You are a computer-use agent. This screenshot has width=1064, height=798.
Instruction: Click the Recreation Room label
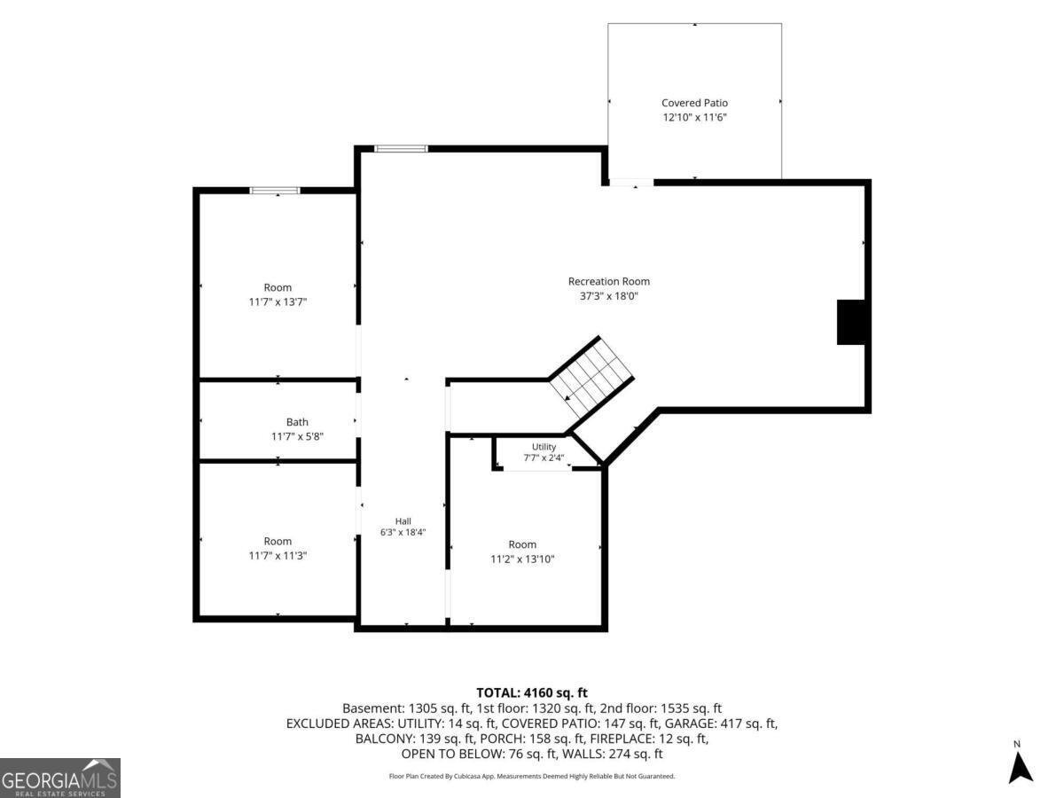pyautogui.click(x=609, y=281)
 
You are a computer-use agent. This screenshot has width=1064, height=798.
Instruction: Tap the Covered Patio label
pyautogui.click(x=694, y=103)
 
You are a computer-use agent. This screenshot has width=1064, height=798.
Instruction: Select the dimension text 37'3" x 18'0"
pyautogui.click(x=609, y=296)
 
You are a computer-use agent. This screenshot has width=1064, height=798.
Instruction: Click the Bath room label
pyautogui.click(x=297, y=422)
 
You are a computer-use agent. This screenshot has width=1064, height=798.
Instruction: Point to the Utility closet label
pyautogui.click(x=544, y=447)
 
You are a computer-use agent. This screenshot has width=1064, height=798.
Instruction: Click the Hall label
pyautogui.click(x=403, y=521)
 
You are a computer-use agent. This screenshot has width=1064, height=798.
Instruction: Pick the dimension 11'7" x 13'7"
pyautogui.click(x=278, y=302)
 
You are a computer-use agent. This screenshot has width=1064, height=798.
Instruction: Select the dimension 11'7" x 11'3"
pyautogui.click(x=278, y=556)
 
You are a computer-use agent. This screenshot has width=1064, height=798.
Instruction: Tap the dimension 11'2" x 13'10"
pyautogui.click(x=522, y=559)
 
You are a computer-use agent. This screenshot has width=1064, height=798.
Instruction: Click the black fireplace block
pyautogui.click(x=851, y=322)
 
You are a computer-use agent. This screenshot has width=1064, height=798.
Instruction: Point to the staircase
pyautogui.click(x=591, y=377)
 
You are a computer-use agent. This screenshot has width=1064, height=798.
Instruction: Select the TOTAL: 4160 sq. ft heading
pyautogui.click(x=532, y=692)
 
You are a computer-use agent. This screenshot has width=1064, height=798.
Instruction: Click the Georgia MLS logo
pyautogui.click(x=60, y=778)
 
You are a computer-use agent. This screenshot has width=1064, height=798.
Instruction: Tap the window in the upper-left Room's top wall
pyautogui.click(x=275, y=191)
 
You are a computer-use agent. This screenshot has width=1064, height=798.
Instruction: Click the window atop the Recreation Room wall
pyautogui.click(x=401, y=149)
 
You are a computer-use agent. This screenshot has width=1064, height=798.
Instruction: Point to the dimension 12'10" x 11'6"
pyautogui.click(x=694, y=117)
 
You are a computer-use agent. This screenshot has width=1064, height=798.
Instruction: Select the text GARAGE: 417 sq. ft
pyautogui.click(x=721, y=724)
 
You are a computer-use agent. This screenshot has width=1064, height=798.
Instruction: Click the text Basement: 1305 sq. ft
pyautogui.click(x=407, y=708)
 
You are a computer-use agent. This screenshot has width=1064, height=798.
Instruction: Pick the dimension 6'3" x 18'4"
pyautogui.click(x=403, y=532)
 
